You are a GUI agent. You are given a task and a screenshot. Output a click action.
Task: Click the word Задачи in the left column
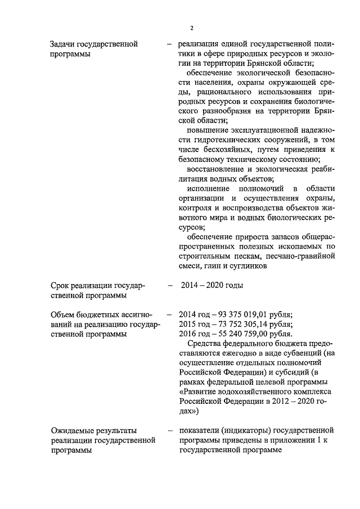(63, 43)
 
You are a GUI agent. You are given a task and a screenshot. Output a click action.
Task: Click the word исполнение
(210, 188)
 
